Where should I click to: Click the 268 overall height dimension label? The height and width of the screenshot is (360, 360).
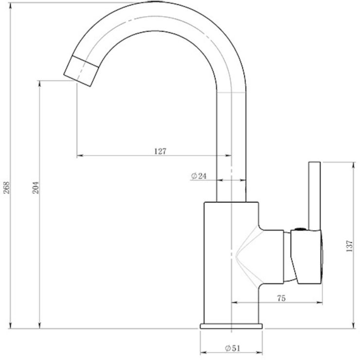pos(7,188)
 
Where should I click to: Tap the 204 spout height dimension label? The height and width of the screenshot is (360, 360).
pos(36,188)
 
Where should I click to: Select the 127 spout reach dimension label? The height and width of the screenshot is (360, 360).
pos(160,151)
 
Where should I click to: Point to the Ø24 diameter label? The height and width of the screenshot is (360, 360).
pos(199,176)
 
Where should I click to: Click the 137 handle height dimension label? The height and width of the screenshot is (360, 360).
pos(349,246)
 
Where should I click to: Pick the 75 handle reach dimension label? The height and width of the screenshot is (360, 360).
pos(282,298)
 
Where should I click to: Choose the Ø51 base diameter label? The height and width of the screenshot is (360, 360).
pos(233,348)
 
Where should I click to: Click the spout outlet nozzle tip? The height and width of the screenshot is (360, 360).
pos(81,71)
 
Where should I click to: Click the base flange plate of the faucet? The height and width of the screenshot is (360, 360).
pos(231,326)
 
